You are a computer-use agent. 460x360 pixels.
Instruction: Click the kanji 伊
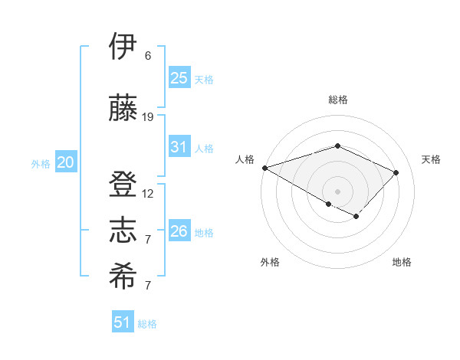(123, 47)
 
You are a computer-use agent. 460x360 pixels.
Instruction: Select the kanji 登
(123, 185)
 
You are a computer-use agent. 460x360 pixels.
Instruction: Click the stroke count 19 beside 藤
(148, 116)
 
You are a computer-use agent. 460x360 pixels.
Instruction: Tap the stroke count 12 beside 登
(148, 194)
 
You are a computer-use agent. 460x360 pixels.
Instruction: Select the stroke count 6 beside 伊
(148, 56)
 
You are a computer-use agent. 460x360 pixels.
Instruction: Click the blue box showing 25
(179, 77)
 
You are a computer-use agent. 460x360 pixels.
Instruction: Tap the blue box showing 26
(179, 231)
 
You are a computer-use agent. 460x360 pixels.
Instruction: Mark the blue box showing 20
(66, 162)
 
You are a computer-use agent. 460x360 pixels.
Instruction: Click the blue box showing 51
(123, 322)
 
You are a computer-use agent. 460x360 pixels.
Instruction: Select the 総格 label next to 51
(147, 324)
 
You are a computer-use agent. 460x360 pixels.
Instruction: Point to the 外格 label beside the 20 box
(41, 164)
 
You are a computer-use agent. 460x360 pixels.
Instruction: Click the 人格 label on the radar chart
(245, 159)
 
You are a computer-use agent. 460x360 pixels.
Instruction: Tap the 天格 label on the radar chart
(431, 159)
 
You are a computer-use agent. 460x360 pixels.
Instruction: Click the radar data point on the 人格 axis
(264, 168)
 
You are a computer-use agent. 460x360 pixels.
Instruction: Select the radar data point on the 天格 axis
(396, 172)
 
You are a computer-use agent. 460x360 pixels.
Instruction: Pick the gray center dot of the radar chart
(337, 191)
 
